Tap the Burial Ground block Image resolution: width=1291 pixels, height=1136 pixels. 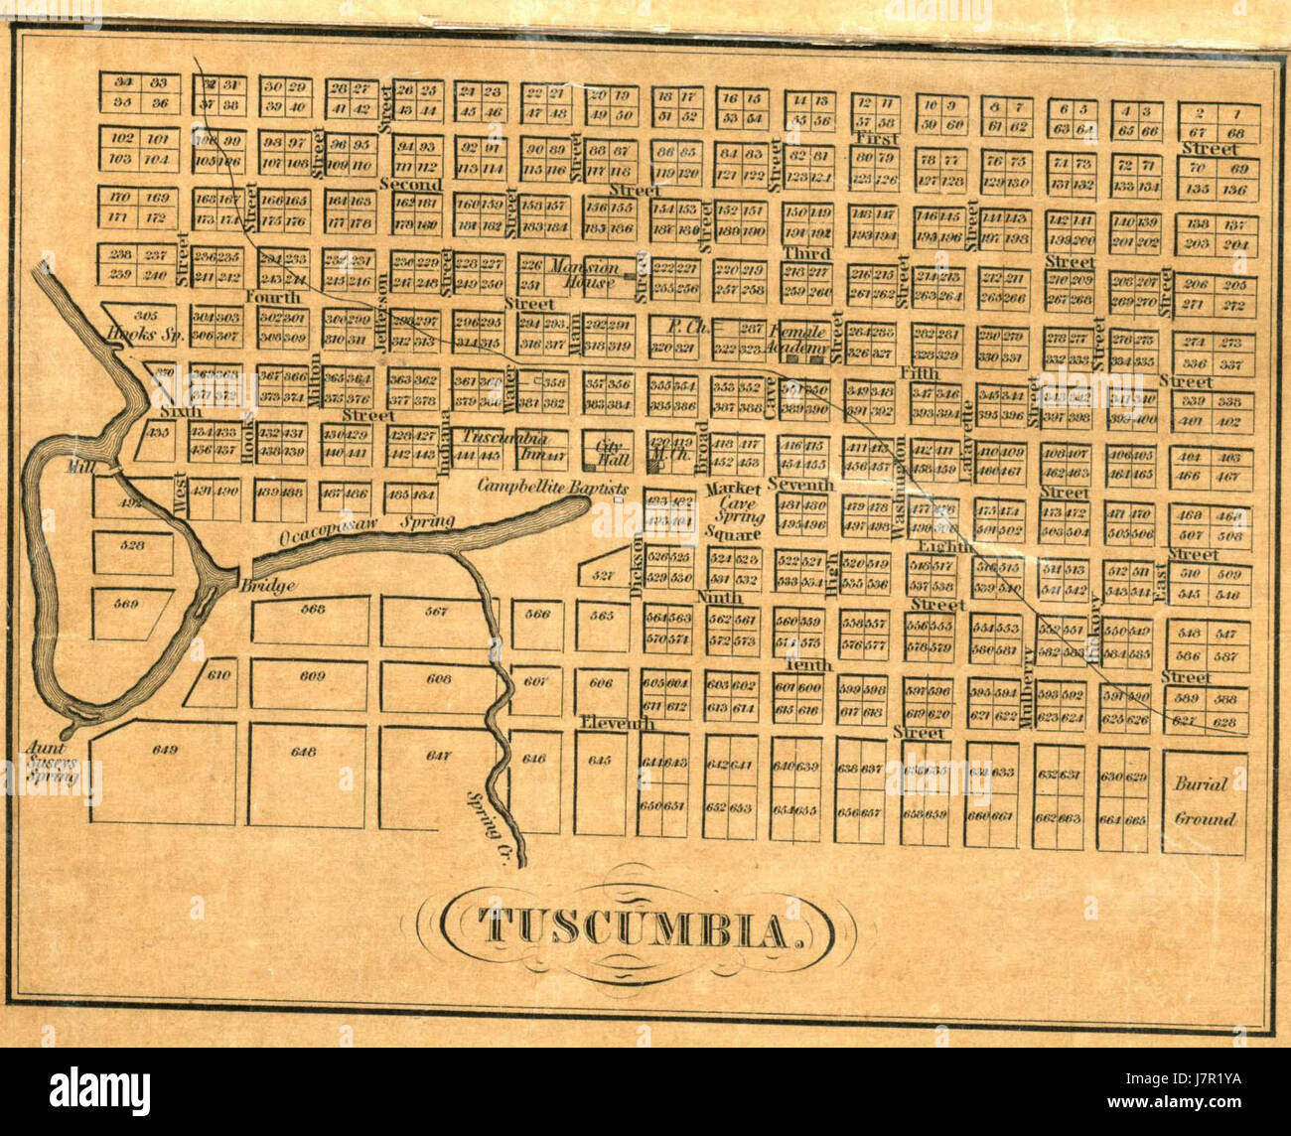[1205, 801]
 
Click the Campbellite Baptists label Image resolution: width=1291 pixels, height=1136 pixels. [552, 488]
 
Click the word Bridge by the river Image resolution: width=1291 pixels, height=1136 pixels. [267, 586]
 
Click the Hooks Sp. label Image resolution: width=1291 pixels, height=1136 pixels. [146, 335]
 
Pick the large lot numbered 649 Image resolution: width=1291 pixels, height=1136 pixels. [164, 751]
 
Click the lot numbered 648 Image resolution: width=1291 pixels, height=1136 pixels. [303, 752]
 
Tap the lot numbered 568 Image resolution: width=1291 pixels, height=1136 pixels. [313, 610]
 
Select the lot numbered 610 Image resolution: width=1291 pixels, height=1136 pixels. [219, 675]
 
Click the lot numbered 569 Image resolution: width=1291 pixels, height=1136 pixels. [125, 604]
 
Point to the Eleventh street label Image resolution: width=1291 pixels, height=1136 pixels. [618, 723]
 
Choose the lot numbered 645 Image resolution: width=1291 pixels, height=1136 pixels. [599, 761]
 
